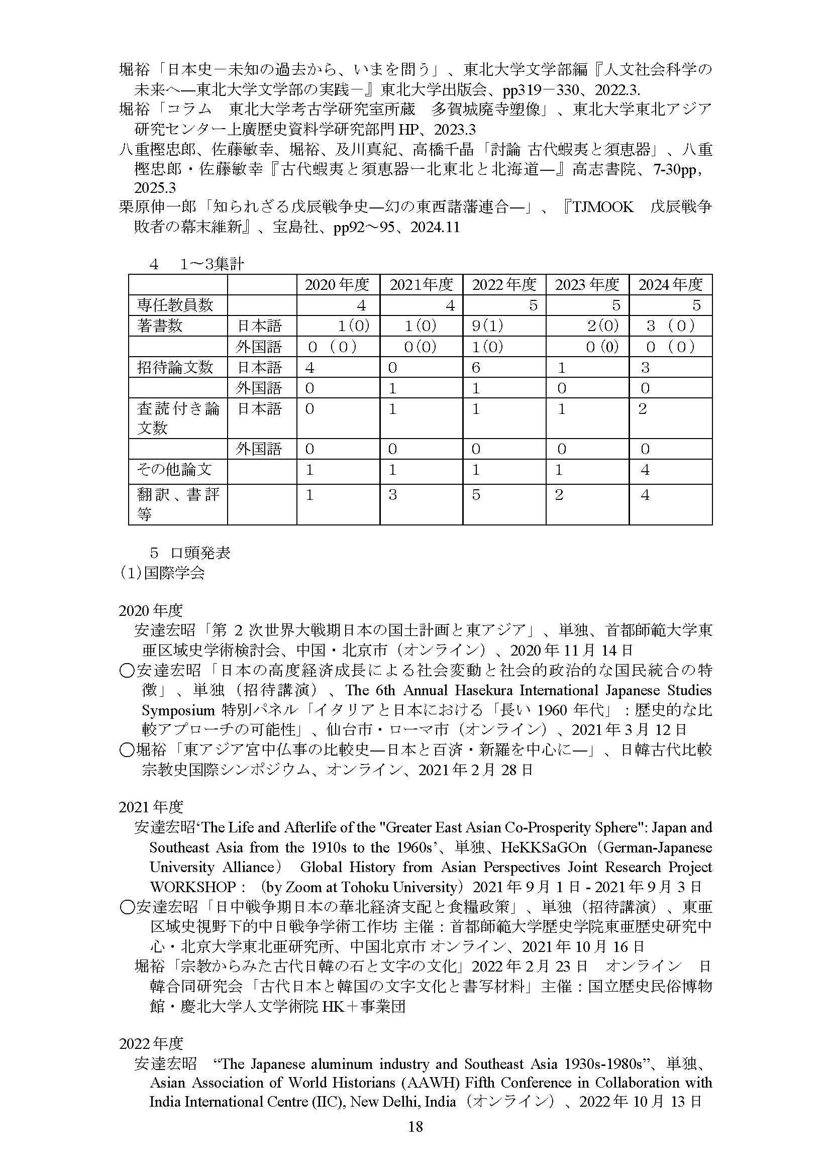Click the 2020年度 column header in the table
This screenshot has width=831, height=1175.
coord(337,284)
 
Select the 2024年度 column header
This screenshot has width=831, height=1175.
coord(670,284)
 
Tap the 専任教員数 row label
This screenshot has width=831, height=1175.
coord(174,305)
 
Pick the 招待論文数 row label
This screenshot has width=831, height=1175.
coord(174,367)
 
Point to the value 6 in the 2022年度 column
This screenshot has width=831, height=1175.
coord(476,367)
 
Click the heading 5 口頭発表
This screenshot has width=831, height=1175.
coord(190,553)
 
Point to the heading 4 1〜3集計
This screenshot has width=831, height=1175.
coord(196,264)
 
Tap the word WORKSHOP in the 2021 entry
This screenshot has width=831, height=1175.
coord(192,887)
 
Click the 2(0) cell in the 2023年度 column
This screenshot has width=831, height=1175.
coord(603,326)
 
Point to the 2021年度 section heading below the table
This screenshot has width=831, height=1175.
coord(150,807)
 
